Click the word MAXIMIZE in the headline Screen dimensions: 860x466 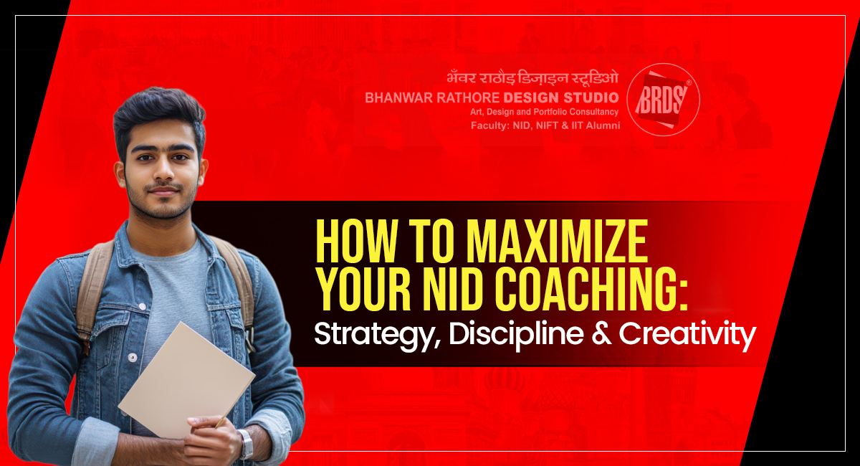pos(557,242)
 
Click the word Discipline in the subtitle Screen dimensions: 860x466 pos(517,334)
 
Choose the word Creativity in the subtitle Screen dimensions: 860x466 pos(687,335)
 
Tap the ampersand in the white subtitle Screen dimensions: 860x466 pos(601,334)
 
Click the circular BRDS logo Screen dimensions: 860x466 pos(664,100)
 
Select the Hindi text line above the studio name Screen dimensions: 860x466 pos(532,78)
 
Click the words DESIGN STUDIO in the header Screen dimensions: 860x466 pos(561,98)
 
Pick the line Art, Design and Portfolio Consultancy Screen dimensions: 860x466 pos(545,112)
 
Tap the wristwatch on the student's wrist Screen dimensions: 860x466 pos(246,444)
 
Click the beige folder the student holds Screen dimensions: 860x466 pos(186,381)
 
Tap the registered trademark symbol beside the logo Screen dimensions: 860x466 pos(689,82)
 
